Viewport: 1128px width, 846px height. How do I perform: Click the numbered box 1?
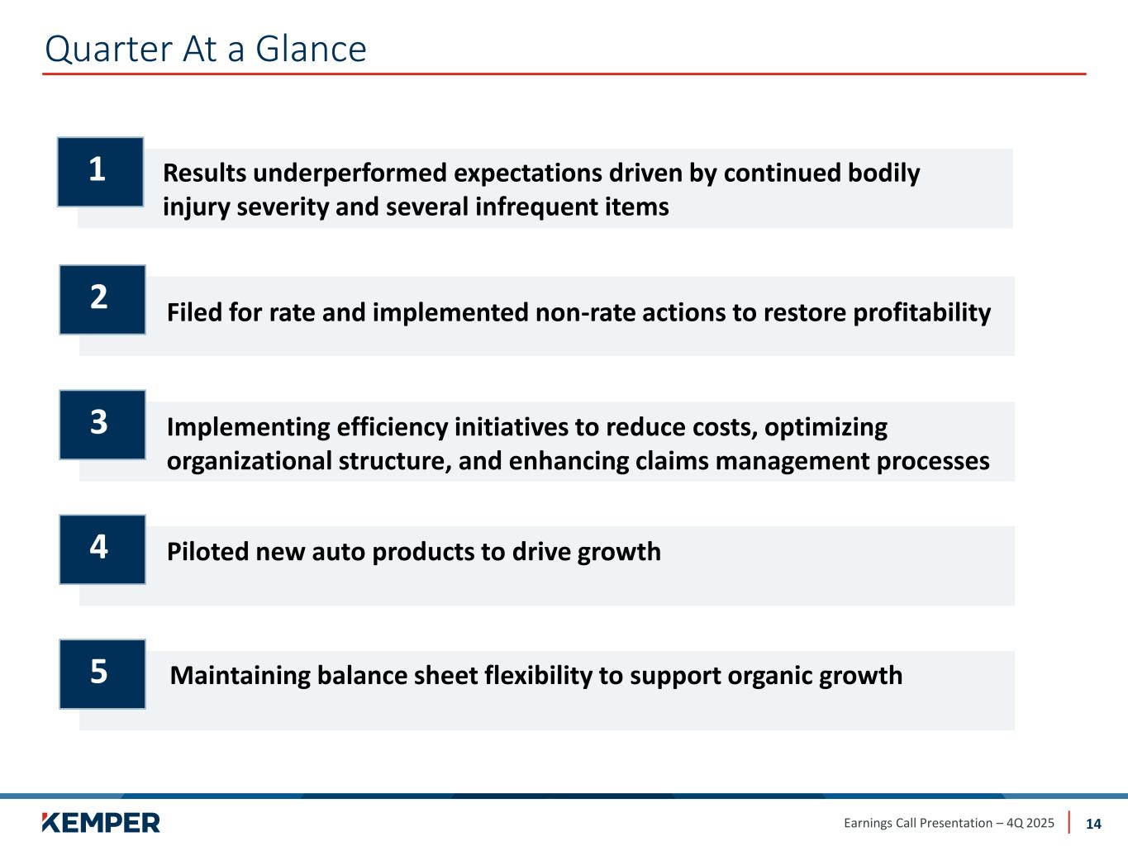pyautogui.click(x=100, y=172)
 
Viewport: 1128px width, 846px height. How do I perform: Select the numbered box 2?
pyautogui.click(x=102, y=300)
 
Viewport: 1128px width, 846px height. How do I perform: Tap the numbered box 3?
pyautogui.click(x=102, y=425)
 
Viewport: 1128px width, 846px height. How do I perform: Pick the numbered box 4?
pyautogui.click(x=102, y=549)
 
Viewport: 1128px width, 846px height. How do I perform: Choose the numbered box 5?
pyautogui.click(x=102, y=674)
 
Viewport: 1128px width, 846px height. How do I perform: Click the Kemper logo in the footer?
pyautogui.click(x=101, y=823)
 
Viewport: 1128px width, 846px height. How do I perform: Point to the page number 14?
pyautogui.click(x=1093, y=824)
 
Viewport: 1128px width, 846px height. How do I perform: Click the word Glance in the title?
pyautogui.click(x=311, y=50)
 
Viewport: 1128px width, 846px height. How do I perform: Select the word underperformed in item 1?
pyautogui.click(x=350, y=173)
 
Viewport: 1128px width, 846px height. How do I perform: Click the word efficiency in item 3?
pyautogui.click(x=392, y=428)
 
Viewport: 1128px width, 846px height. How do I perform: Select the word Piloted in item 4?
pyautogui.click(x=207, y=552)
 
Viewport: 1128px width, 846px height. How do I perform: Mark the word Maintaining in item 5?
pyautogui.click(x=240, y=676)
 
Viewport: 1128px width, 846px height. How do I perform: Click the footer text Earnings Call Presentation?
pyautogui.click(x=918, y=824)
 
